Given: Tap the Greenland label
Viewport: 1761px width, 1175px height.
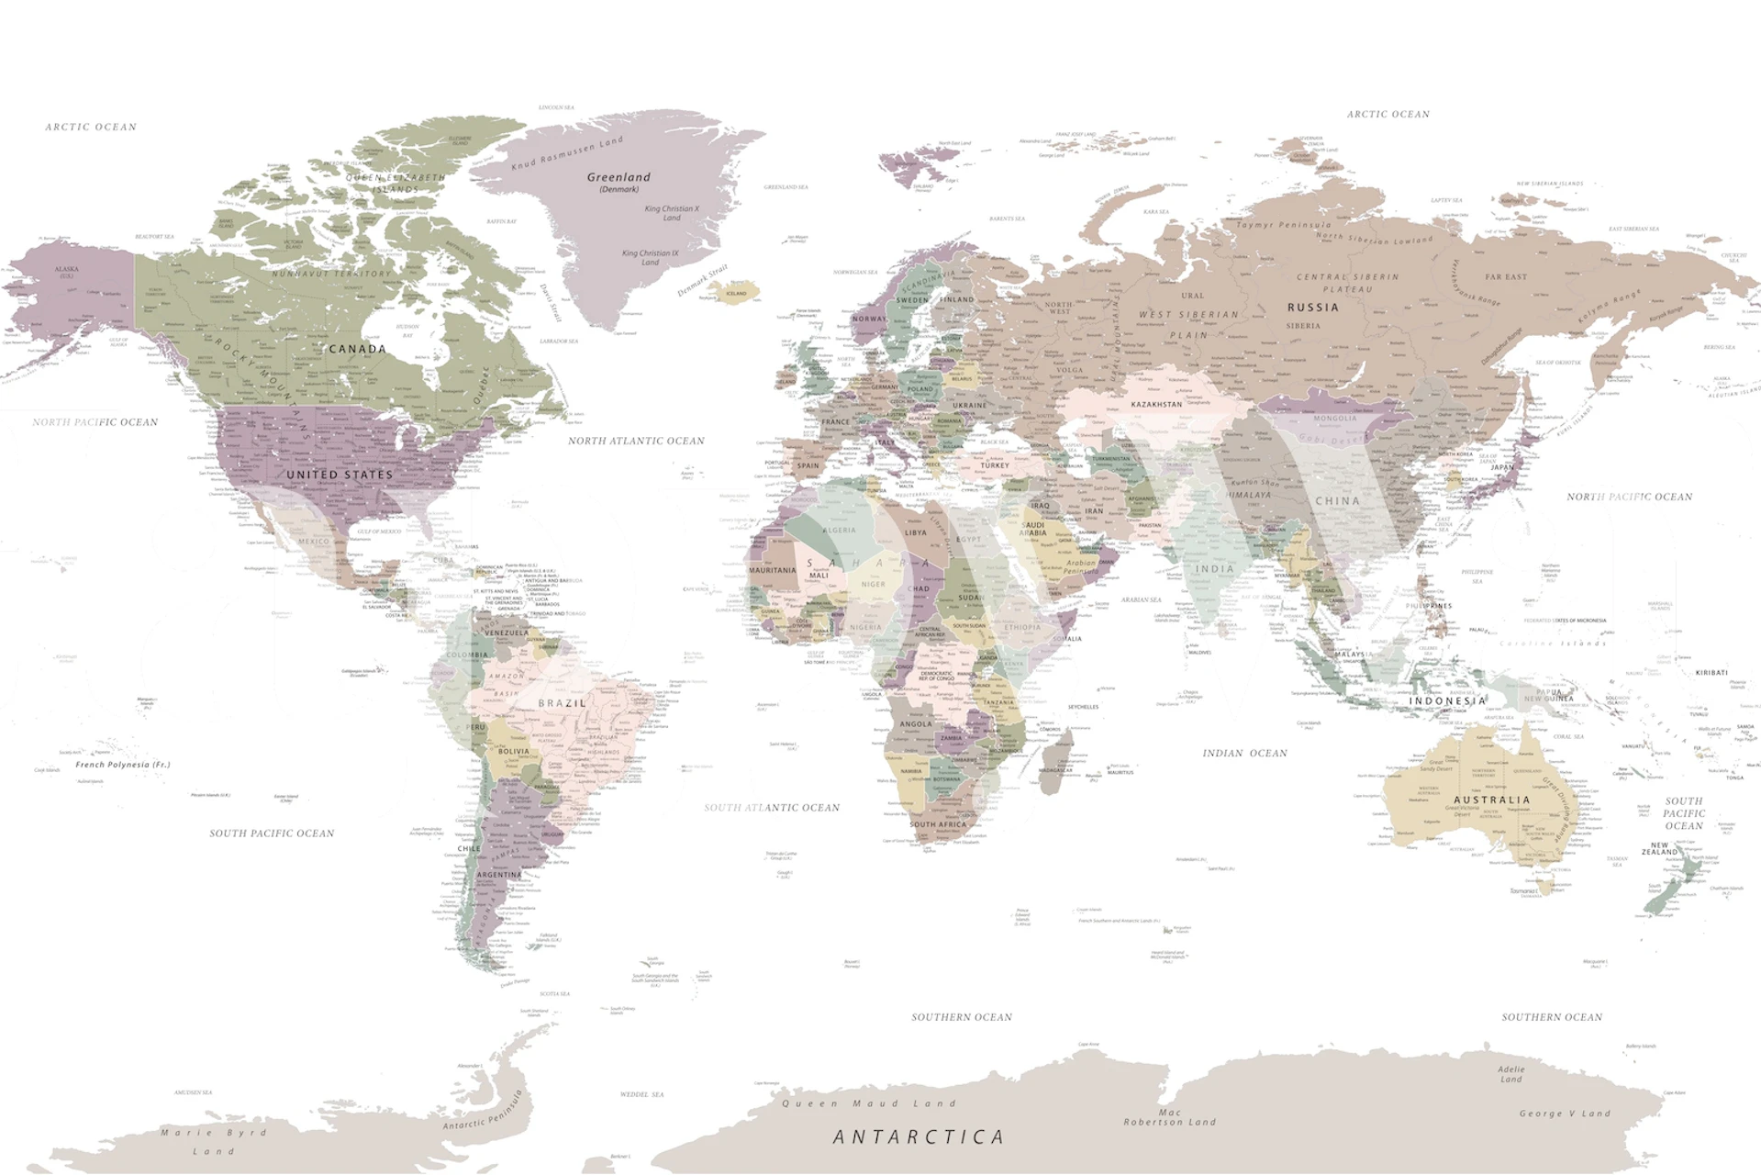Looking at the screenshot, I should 619,177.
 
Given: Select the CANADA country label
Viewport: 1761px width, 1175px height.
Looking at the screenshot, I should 357,349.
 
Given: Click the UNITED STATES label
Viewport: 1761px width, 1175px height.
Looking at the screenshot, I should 340,475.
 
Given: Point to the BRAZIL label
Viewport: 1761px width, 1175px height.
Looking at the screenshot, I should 562,703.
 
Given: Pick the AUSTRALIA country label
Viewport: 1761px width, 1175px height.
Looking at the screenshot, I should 1491,800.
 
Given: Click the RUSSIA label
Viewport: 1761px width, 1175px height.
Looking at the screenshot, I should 1312,308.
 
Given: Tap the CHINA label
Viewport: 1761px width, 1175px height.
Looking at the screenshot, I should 1337,501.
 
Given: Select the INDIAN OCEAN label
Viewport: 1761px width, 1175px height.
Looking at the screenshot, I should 1244,753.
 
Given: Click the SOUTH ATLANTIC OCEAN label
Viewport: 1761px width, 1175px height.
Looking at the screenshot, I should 772,808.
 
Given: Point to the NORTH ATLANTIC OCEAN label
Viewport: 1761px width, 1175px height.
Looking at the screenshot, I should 636,441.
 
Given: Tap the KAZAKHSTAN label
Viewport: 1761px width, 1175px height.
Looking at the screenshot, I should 1155,404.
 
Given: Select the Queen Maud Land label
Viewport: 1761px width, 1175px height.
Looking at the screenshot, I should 868,1103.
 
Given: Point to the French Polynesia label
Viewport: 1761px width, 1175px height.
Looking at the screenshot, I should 122,765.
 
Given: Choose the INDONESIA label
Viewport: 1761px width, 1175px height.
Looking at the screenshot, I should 1447,700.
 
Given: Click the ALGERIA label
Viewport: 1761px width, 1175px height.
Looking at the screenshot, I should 839,530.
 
